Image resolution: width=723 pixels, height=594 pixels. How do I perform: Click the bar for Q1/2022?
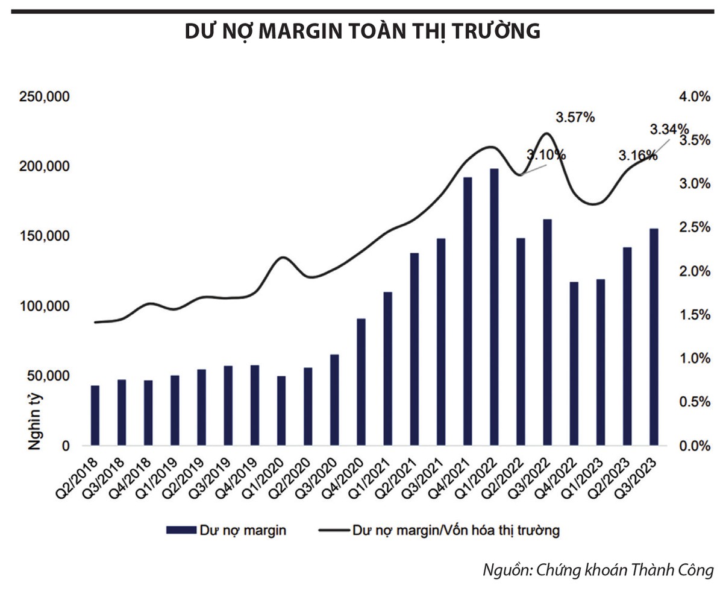(494, 307)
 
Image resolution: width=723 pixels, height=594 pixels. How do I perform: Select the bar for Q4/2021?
(468, 311)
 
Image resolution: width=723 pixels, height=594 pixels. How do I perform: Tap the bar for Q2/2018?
(95, 415)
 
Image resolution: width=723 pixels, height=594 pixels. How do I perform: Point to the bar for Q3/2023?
(654, 337)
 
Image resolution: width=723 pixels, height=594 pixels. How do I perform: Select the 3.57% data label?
(575, 118)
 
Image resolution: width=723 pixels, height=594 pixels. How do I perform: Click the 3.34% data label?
(668, 129)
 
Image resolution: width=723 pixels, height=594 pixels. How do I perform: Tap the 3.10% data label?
(546, 155)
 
